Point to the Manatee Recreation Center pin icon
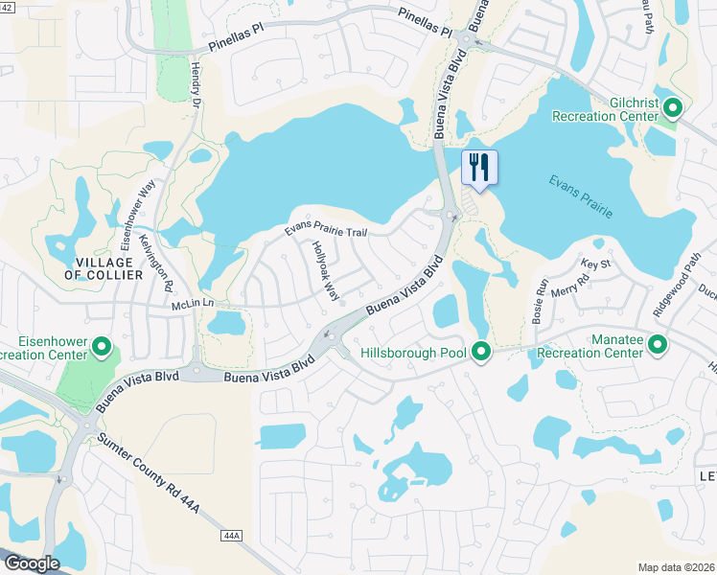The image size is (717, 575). pyautogui.click(x=658, y=344)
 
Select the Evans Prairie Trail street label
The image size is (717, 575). pyautogui.click(x=326, y=231)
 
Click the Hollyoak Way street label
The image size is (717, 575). pyautogui.click(x=326, y=268)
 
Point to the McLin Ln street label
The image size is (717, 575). pyautogui.click(x=191, y=304)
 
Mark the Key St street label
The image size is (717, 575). pyautogui.click(x=596, y=264)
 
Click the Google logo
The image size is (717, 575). pyautogui.click(x=31, y=563)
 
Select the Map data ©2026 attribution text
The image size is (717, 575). pyautogui.click(x=676, y=567)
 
